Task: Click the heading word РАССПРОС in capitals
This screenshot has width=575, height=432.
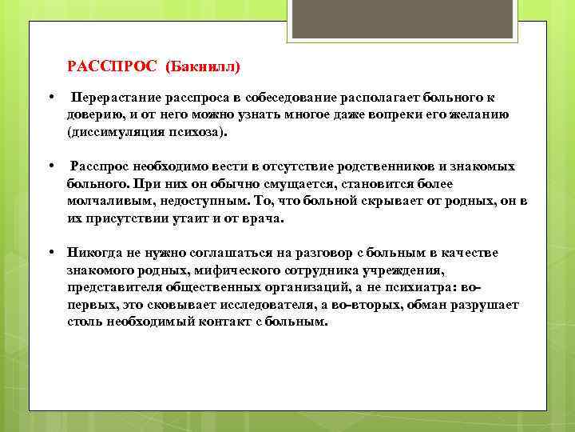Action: (x=113, y=65)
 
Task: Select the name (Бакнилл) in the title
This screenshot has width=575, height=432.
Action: (x=203, y=65)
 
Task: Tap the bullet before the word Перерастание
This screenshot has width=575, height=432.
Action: (x=50, y=98)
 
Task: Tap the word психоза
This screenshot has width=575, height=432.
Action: (x=203, y=131)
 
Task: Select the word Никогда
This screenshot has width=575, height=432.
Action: (x=95, y=253)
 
